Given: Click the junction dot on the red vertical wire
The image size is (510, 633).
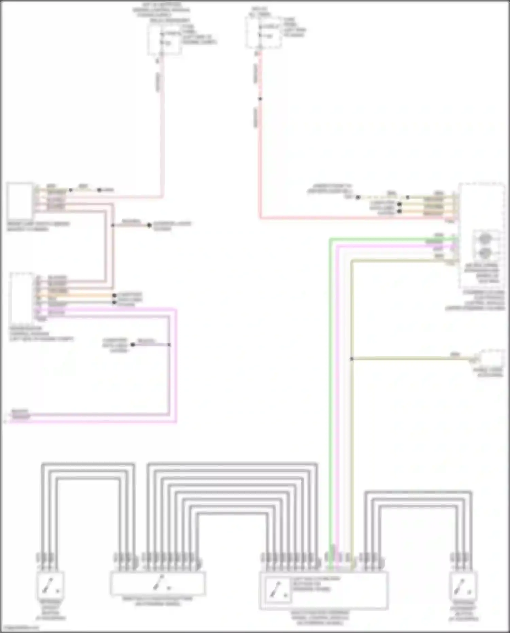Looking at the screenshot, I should point(260,99).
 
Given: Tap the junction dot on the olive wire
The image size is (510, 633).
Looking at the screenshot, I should point(351,359).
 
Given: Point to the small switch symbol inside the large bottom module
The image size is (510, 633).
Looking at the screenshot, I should point(278,590).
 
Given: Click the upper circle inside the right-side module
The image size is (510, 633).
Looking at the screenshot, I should point(485,238).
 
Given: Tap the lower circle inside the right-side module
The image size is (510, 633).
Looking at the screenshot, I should point(485,253).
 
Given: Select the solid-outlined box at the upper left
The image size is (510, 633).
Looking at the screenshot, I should point(20,201).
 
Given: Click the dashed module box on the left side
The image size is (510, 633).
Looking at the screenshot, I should point(22,298).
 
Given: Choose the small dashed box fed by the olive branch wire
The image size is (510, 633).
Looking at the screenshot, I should point(492,358).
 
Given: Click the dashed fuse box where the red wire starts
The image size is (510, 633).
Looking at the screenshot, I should point(263,32).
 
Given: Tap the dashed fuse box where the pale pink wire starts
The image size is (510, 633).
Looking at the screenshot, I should point(164,40).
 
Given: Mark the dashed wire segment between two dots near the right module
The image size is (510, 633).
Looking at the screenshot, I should point(382,197).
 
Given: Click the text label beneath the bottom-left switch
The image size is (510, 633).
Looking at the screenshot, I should point(51,610).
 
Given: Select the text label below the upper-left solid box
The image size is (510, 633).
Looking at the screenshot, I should point(38,227).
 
